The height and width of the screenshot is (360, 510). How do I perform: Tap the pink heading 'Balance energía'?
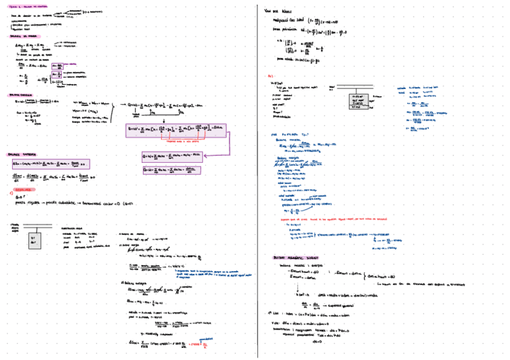(20, 95)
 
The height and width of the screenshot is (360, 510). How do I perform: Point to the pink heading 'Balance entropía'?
(22, 154)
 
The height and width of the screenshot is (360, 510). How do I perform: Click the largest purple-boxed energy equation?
(176, 130)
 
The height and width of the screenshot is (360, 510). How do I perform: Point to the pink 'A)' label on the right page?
(271, 76)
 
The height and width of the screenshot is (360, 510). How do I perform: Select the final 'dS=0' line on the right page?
(319, 341)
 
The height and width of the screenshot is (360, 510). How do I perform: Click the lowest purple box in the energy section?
(171, 170)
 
